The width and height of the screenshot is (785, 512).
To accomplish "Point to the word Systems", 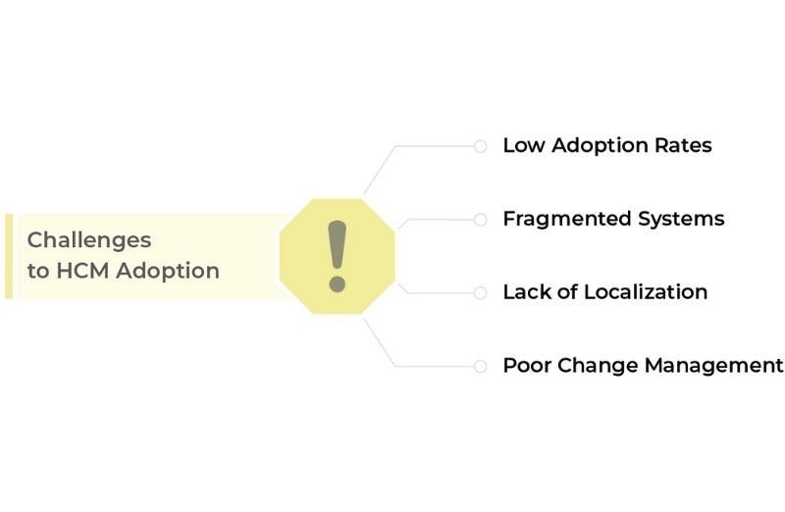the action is tap(681, 219).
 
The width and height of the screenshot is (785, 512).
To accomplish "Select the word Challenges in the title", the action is tap(89, 240).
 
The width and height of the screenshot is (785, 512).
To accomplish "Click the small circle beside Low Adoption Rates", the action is tap(480, 146).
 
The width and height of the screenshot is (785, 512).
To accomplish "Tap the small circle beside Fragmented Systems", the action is tap(480, 219).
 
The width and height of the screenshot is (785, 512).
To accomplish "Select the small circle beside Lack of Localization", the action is tap(480, 293).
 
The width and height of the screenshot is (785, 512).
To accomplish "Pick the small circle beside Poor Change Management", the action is tap(480, 367).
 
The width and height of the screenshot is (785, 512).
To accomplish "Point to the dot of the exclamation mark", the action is tap(337, 284).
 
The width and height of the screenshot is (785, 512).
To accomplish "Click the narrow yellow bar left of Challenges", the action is tap(9, 256).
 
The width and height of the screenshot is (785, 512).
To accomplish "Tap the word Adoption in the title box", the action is tap(168, 272).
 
